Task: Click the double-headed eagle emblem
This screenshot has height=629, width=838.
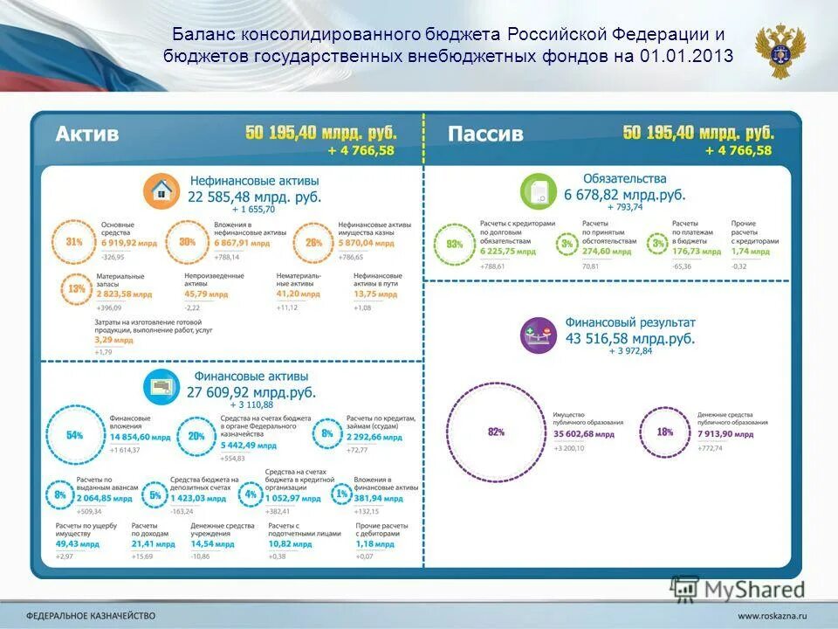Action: click(x=780, y=51)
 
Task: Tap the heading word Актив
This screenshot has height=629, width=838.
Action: click(x=86, y=135)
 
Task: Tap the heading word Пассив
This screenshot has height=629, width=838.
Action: click(x=484, y=135)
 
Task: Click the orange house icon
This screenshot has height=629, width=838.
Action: click(x=161, y=191)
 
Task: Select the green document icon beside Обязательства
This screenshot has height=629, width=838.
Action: click(x=539, y=191)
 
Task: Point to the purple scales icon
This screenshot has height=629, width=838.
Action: click(x=539, y=335)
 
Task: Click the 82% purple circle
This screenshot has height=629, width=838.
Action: click(x=496, y=432)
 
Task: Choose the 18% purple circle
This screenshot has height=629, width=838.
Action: click(x=665, y=432)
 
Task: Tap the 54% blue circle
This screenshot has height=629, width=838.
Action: click(x=74, y=434)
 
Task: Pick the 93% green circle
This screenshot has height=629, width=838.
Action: click(x=454, y=244)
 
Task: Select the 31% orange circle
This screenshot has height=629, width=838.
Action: click(x=74, y=242)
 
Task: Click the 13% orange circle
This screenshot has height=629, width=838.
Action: click(x=77, y=288)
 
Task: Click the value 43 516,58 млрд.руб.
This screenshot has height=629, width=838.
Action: click(x=629, y=338)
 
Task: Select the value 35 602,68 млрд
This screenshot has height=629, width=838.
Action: click(x=583, y=434)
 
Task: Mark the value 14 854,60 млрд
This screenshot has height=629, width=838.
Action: click(x=141, y=436)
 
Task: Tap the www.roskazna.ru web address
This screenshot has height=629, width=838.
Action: click(x=772, y=616)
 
